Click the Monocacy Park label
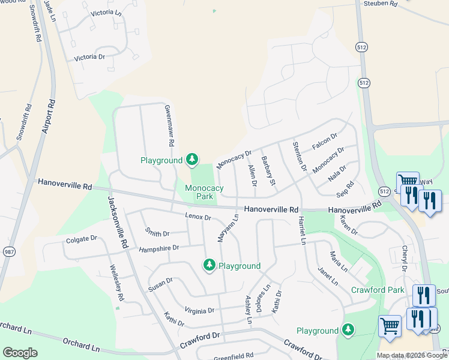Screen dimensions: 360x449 coord(204,192)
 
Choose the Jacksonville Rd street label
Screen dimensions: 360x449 coord(118,223)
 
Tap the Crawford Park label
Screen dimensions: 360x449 coord(378,290)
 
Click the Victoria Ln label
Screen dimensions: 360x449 coord(106,13)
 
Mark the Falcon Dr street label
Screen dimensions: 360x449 coord(325,142)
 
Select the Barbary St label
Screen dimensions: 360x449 coord(268,170)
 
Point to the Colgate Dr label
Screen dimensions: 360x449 coord(81,238)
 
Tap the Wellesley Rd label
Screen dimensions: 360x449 coord(116,283)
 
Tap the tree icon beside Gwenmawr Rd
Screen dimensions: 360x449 coord(192,159)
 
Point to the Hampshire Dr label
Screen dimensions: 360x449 coord(159,248)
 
